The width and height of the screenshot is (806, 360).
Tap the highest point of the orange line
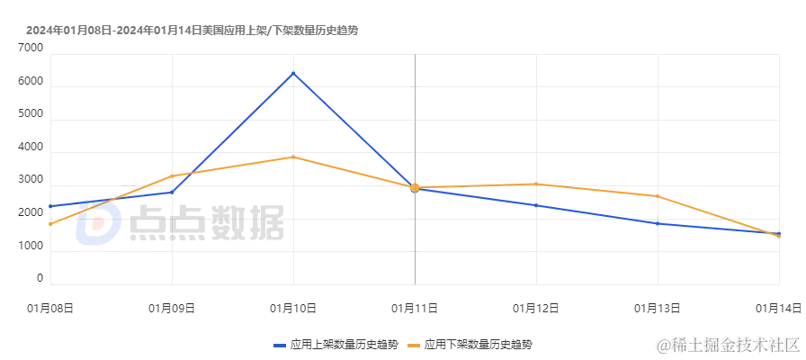tap(293, 157)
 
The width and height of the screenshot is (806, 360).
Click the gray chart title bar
tap(190, 29)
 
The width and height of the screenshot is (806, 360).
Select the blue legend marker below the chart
tap(282, 344)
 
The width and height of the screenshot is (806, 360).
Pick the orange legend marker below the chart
tap(415, 344)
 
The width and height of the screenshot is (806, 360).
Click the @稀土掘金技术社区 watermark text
tap(727, 343)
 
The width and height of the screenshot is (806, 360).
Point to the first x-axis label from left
tap(49, 310)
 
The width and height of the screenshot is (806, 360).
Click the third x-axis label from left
tap(291, 310)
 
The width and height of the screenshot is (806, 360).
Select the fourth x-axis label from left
tap(414, 310)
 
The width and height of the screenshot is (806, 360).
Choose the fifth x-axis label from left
tap(536, 310)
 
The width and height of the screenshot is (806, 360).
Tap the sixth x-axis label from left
tap(658, 310)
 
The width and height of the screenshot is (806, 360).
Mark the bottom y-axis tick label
tap(39, 281)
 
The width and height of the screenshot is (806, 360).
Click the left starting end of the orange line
tap(49, 224)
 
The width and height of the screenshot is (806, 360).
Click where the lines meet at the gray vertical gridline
tap(415, 188)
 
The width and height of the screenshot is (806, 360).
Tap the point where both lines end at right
tap(779, 235)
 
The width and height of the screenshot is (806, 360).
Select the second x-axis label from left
tap(169, 310)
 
